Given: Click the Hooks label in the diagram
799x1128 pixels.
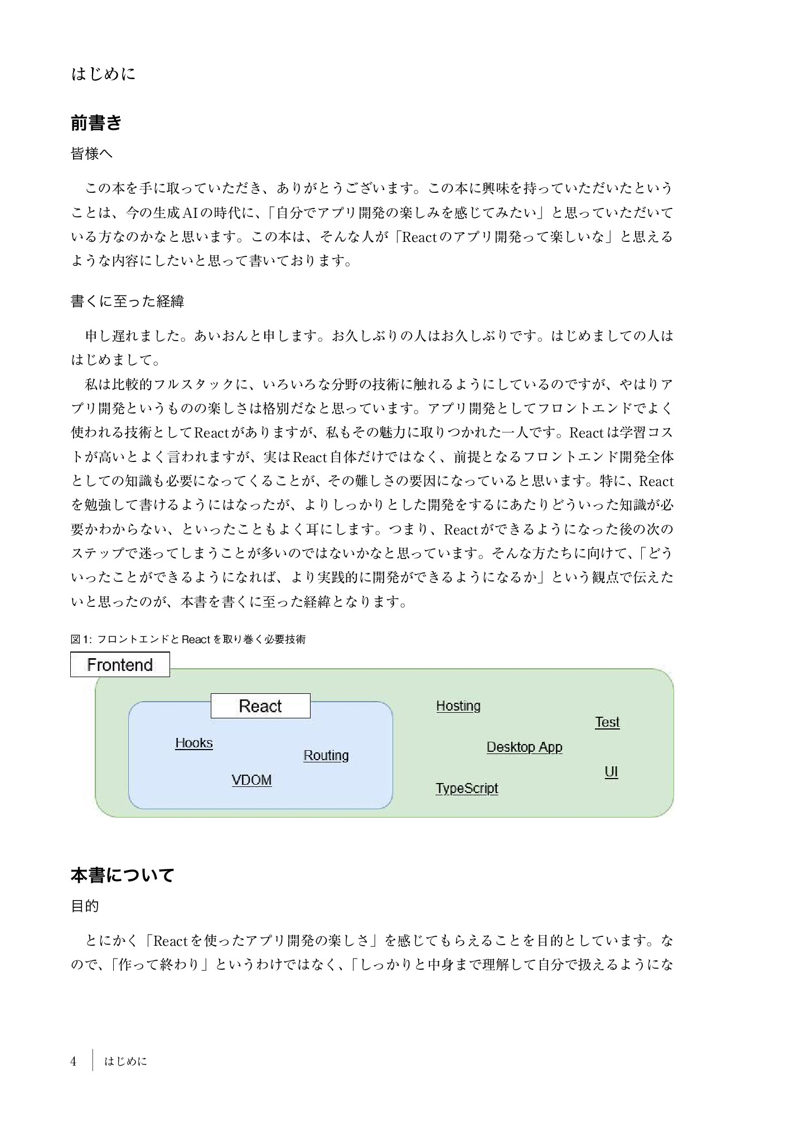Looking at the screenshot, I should [x=194, y=743].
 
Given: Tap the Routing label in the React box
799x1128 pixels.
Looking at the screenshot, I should [x=326, y=755].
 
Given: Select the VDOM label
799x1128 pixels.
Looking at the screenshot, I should [x=251, y=780].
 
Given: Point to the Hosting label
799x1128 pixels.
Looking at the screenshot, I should [x=458, y=706].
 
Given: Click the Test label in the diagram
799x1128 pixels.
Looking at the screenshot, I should [x=607, y=722].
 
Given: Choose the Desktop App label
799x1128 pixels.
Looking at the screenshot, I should [x=524, y=747].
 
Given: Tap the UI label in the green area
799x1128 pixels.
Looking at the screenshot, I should [x=611, y=772].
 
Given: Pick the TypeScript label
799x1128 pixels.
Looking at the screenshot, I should [x=467, y=788].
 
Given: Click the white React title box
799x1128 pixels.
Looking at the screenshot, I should [x=260, y=706].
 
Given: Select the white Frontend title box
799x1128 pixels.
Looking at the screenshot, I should [x=120, y=665].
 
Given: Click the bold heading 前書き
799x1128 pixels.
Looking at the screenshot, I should [x=96, y=123].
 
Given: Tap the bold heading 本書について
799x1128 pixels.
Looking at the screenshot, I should [x=122, y=875].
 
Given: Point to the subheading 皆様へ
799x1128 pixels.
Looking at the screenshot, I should [x=91, y=154].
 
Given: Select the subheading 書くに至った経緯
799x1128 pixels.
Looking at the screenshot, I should [x=127, y=302].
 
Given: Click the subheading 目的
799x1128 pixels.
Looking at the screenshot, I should [x=85, y=906].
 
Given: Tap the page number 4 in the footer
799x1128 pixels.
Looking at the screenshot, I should [x=73, y=1061].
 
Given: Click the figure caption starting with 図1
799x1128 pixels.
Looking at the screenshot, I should [x=188, y=639].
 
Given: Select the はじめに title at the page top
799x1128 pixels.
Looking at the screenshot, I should [x=103, y=74].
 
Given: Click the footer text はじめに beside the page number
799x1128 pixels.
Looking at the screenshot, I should [x=125, y=1062].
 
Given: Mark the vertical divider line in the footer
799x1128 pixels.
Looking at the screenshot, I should [x=92, y=1061].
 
